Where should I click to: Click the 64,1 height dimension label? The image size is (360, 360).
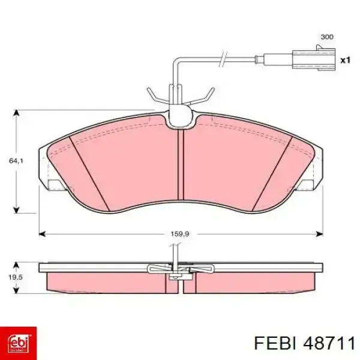[16, 161]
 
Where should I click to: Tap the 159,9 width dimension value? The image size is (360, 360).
[180, 234]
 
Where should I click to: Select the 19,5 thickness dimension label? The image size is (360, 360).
[16, 277]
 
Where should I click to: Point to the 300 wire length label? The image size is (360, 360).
[327, 37]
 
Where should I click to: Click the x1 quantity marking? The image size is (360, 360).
[346, 61]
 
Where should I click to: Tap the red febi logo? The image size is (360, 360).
[18, 343]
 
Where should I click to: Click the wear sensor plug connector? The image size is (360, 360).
[314, 58]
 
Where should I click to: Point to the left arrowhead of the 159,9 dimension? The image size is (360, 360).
[42, 234]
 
